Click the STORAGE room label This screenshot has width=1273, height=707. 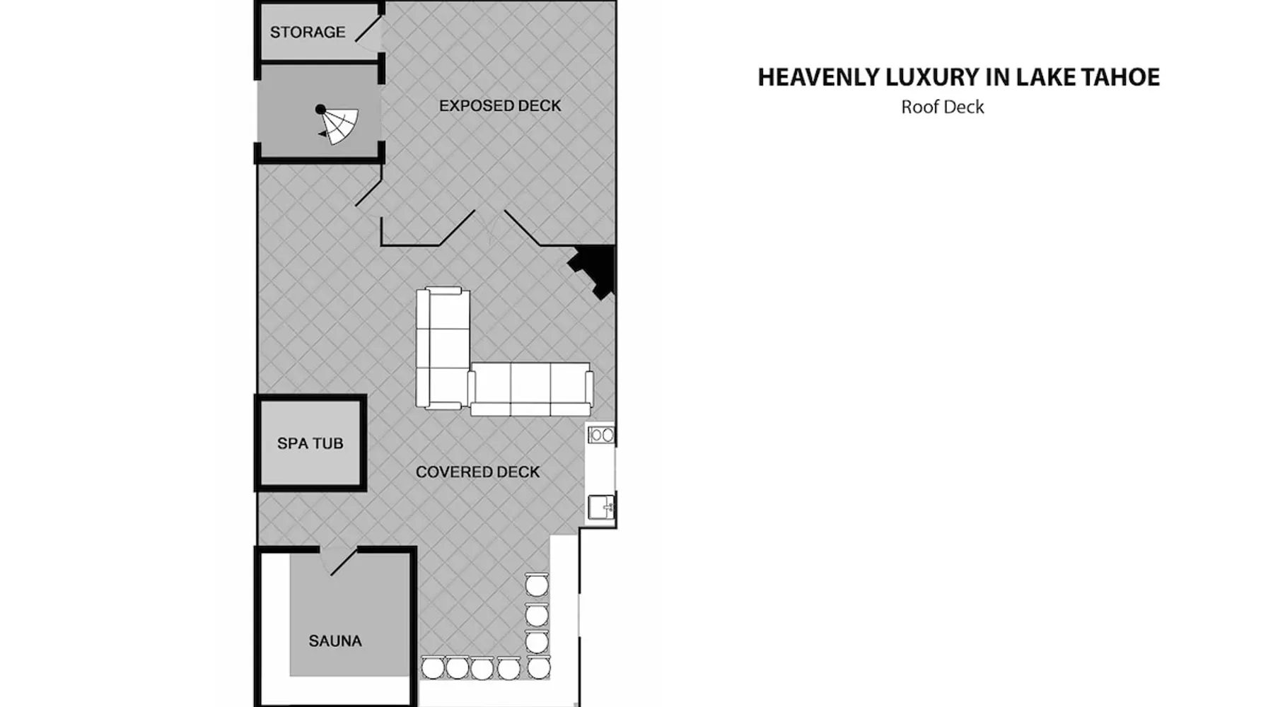coord(308,32)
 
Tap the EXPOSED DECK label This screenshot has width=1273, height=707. coord(500,105)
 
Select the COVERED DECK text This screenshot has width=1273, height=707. coord(477,472)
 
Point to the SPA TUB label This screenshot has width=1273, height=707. coord(310,443)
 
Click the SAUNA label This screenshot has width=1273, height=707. coord(335,641)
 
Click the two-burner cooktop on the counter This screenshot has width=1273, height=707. coord(601,435)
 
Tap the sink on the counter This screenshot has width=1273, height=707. coord(601,508)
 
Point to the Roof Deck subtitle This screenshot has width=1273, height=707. coord(943,107)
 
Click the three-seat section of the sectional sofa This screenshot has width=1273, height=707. coord(530,389)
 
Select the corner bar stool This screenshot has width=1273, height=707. coord(538,668)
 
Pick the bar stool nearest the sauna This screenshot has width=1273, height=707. coord(433,668)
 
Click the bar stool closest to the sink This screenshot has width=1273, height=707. coord(536,585)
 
